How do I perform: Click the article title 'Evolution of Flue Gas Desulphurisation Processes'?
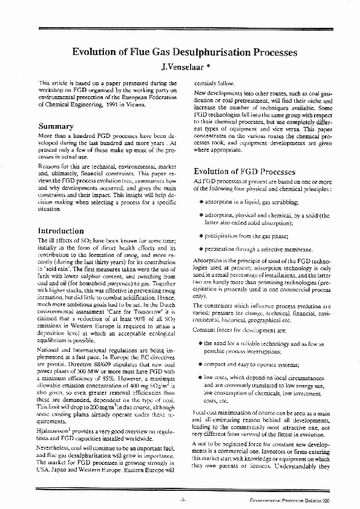[x=185, y=53]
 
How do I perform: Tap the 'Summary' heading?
[x=56, y=126]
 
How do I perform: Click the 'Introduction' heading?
[x=61, y=231]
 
